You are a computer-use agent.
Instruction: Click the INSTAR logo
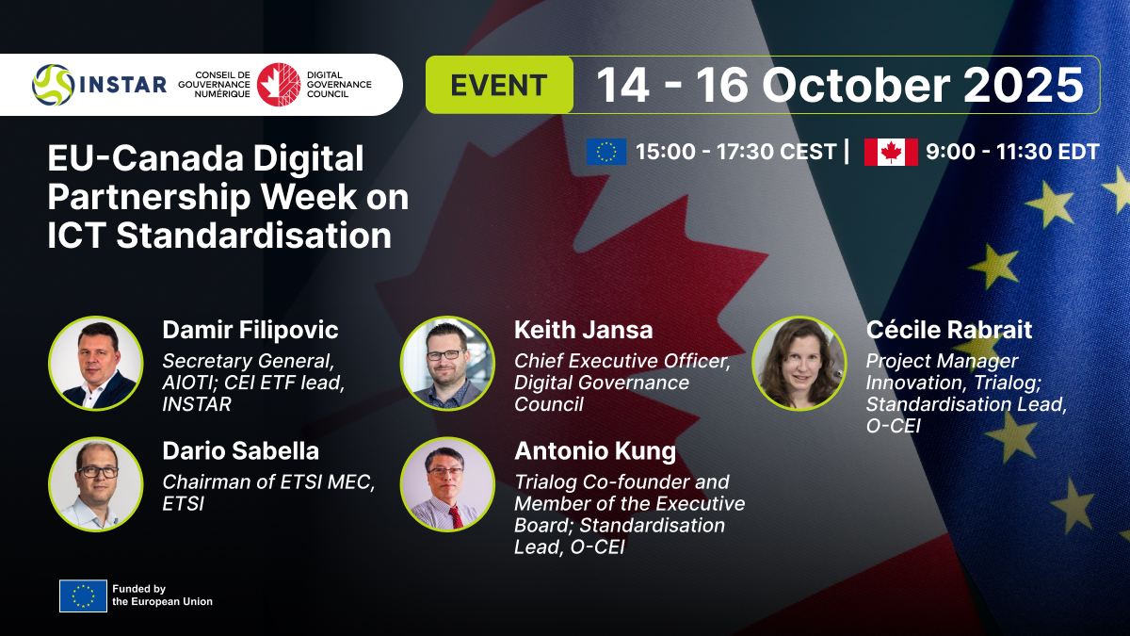(x=100, y=85)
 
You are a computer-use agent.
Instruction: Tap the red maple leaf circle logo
(x=279, y=84)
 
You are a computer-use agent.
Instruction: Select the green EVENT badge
(x=499, y=85)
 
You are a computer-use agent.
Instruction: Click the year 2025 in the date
(x=1023, y=85)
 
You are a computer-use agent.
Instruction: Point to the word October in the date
(x=856, y=85)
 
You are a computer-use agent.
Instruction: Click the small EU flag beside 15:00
(x=606, y=152)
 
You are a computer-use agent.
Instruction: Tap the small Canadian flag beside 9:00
(x=891, y=152)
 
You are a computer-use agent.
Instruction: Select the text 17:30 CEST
(x=777, y=152)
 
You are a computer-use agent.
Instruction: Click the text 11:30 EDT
(x=1047, y=152)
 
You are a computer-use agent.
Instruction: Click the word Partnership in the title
(x=149, y=198)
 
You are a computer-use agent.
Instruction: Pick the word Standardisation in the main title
(x=253, y=236)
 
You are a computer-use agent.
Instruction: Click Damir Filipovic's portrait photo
(x=96, y=364)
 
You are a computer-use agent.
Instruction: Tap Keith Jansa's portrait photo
(x=447, y=364)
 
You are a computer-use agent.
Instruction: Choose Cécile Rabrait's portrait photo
(x=799, y=364)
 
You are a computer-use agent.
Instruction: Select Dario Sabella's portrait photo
(x=96, y=484)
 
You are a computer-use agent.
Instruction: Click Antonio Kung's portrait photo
(x=447, y=484)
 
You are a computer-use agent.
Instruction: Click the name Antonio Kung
(x=595, y=451)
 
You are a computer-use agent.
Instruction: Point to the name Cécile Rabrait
(x=949, y=330)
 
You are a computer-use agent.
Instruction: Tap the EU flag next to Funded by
(x=83, y=595)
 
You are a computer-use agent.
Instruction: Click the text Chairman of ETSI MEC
(x=268, y=482)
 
